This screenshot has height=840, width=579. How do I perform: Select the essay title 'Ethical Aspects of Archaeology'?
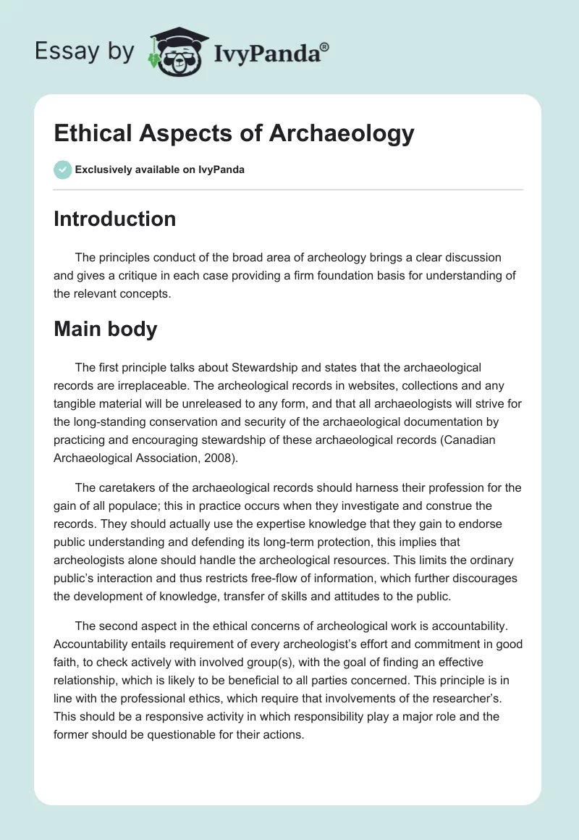(x=234, y=133)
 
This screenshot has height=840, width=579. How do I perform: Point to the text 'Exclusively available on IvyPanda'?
(x=159, y=170)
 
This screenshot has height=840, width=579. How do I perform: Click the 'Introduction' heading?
(x=114, y=219)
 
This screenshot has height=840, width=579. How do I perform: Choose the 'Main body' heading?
(x=105, y=329)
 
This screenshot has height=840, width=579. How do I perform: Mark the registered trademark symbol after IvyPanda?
(x=324, y=46)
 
